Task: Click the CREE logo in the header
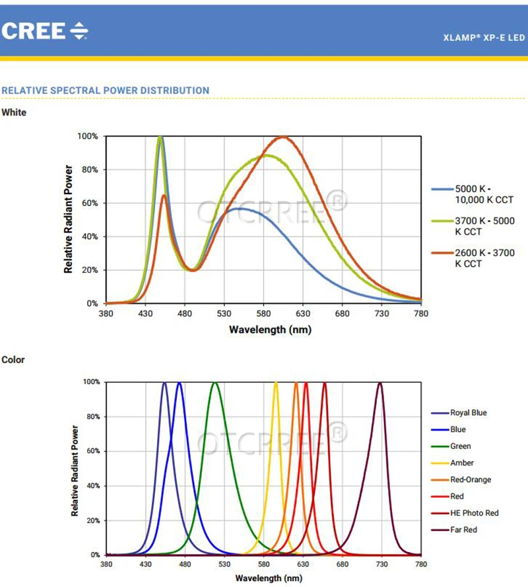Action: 45,30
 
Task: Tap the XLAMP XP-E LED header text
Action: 484,38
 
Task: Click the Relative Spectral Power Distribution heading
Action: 106,90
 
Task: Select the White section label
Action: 14,113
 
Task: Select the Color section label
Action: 13,360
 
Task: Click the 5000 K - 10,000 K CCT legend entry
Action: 484,194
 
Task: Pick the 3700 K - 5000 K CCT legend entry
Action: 484,226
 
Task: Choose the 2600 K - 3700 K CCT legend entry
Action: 484,258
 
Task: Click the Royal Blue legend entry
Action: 468,413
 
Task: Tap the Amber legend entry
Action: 461,463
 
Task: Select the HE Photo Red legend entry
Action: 474,513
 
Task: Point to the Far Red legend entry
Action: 463,530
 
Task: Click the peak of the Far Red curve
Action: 379,383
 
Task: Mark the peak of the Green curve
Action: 215,383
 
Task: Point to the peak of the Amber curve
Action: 276,383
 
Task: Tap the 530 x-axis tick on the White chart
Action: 224,313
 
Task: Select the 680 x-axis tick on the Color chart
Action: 342,565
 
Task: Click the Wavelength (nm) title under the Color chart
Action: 263,578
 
